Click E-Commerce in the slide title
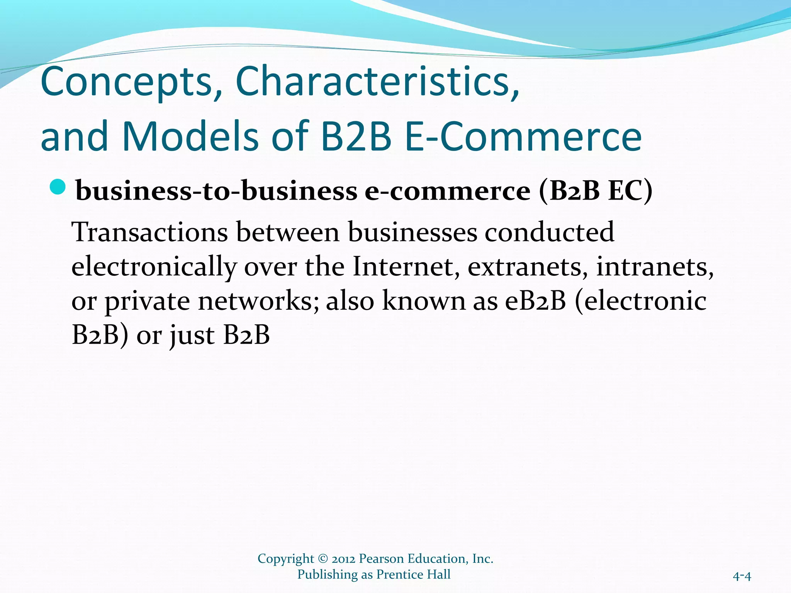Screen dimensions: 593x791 tap(523, 136)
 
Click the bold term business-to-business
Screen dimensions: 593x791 tap(217, 191)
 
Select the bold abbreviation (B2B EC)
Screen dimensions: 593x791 tap(595, 191)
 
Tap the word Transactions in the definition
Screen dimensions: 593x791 tap(150, 232)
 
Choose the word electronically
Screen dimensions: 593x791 tap(154, 267)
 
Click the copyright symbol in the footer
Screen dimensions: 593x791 tap(323, 559)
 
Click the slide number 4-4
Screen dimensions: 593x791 tap(742, 576)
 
